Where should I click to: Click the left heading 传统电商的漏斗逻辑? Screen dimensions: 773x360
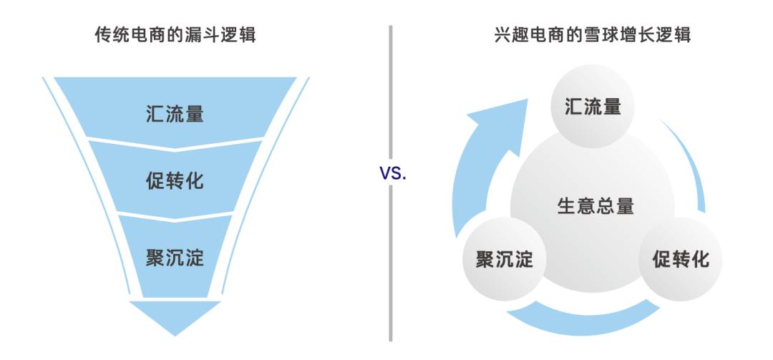coord(175,35)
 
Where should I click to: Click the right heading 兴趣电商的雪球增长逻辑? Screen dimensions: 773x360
coord(592,35)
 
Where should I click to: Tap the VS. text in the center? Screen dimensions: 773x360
coord(393,173)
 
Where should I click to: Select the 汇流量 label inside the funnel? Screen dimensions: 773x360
coord(175,114)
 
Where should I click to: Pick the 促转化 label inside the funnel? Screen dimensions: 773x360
coord(175,181)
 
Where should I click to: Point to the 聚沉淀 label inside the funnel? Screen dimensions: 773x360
coord(175,258)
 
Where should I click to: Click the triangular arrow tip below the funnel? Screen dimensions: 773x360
coord(175,318)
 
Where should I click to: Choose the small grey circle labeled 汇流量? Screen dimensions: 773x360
coord(592,106)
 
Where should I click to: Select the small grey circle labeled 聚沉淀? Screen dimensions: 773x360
coord(505,259)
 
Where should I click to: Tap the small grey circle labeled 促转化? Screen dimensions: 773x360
coord(681,259)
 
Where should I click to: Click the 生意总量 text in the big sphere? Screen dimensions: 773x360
coord(595,206)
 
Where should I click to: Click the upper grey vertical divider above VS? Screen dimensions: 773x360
coord(391,92)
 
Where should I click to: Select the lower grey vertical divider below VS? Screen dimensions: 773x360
coord(391,264)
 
